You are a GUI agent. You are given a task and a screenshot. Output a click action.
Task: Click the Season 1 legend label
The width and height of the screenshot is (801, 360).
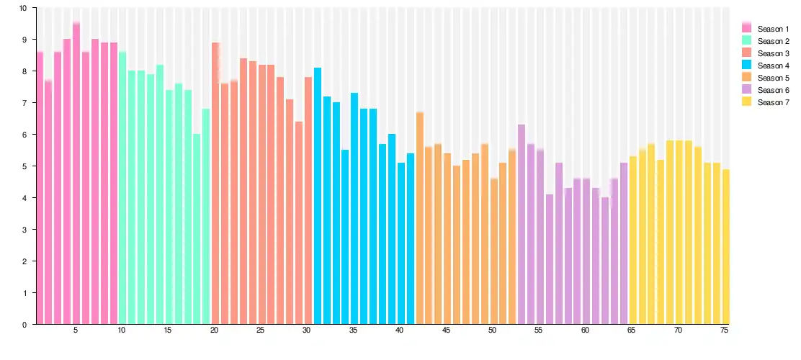pyautogui.click(x=773, y=28)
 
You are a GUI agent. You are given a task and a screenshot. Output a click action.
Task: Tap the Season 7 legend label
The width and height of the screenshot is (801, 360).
pyautogui.click(x=773, y=102)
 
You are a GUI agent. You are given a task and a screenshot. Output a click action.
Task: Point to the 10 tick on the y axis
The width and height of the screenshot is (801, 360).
pyautogui.click(x=23, y=8)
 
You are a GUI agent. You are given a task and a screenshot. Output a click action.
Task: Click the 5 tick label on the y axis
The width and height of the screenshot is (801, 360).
pyautogui.click(x=24, y=166)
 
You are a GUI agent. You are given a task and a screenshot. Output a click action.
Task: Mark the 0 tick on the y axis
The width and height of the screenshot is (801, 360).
pyautogui.click(x=24, y=325)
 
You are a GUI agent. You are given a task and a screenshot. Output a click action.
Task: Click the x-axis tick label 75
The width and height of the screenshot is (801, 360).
pyautogui.click(x=725, y=330)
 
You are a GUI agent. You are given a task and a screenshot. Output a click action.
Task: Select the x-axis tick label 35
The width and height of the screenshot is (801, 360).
pyautogui.click(x=354, y=330)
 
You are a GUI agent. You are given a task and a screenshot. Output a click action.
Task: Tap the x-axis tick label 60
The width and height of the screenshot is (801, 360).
pyautogui.click(x=585, y=330)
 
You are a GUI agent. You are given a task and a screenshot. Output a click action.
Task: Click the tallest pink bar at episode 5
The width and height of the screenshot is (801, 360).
pyautogui.click(x=76, y=174)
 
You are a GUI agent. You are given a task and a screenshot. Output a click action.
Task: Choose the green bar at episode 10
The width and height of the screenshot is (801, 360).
pyautogui.click(x=122, y=188)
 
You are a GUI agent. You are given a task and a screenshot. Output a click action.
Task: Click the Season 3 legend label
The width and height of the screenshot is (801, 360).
pyautogui.click(x=773, y=53)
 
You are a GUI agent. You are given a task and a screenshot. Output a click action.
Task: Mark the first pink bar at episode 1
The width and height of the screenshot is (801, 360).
pyautogui.click(x=40, y=188)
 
